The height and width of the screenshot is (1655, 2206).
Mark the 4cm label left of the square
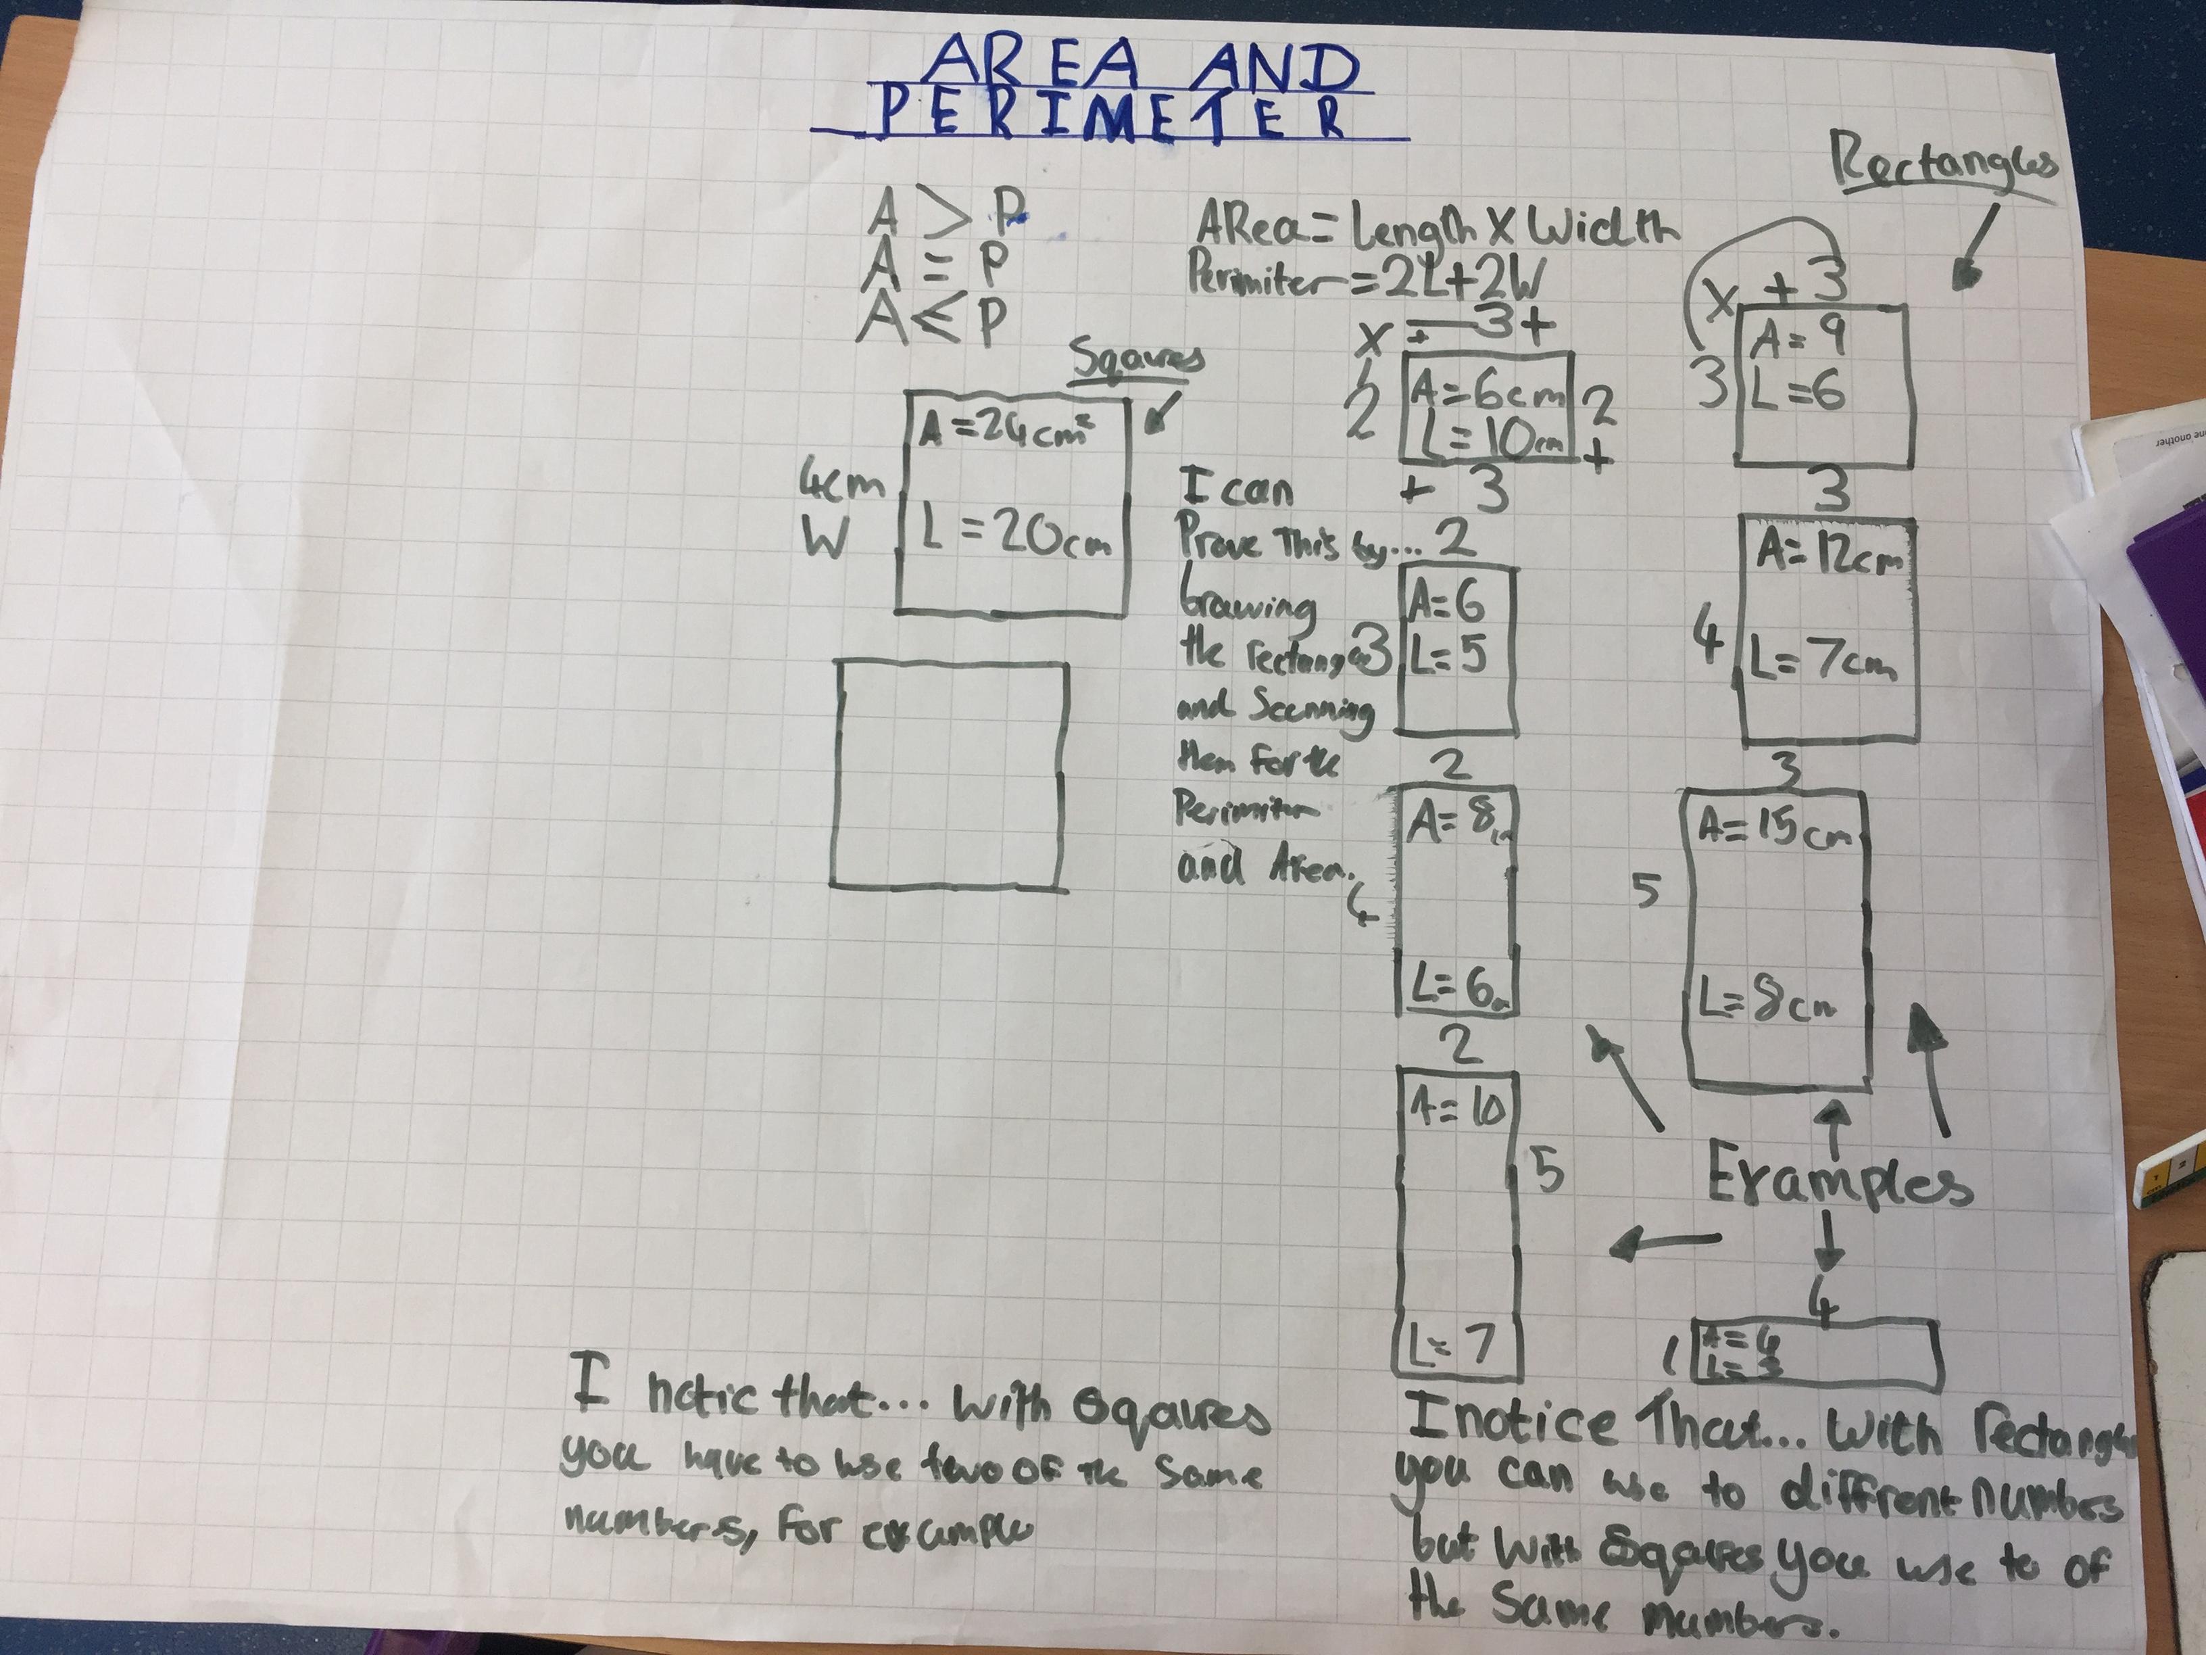click(x=843, y=486)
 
